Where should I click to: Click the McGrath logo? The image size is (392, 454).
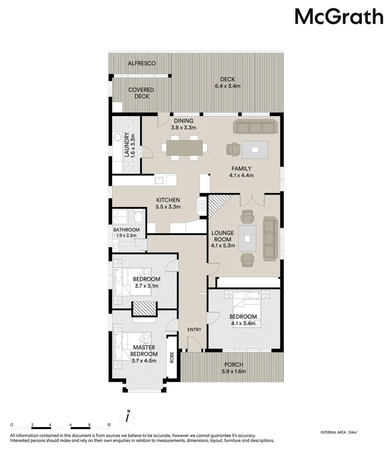pyautogui.click(x=339, y=17)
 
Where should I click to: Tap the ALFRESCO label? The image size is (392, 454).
pyautogui.click(x=142, y=63)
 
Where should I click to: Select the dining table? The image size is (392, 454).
pyautogui.click(x=184, y=148)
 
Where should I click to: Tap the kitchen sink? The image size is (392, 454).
pyautogui.click(x=159, y=181)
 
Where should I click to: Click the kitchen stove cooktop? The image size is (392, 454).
pyautogui.click(x=201, y=206)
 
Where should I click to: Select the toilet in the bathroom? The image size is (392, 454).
pyautogui.click(x=138, y=217)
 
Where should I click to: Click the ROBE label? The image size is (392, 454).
pyautogui.click(x=172, y=357)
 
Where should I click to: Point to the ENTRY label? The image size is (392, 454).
pyautogui.click(x=194, y=330)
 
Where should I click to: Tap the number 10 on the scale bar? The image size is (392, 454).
pyautogui.click(x=109, y=425)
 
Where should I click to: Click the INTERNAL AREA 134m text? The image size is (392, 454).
pyautogui.click(x=339, y=432)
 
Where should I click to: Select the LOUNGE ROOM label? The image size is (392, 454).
pyautogui.click(x=222, y=236)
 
